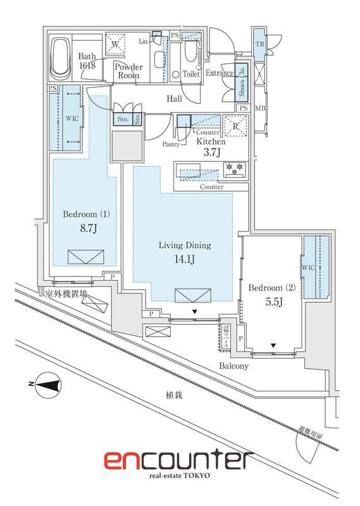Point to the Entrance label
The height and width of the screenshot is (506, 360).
click(219, 74)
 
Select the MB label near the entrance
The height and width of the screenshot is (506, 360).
click(260, 109)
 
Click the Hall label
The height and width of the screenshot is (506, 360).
click(175, 99)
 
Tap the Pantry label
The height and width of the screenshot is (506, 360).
click(171, 144)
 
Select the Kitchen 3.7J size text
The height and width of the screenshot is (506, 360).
click(211, 152)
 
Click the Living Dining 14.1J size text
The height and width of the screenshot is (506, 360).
click(184, 258)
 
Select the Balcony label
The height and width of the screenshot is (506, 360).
click(233, 366)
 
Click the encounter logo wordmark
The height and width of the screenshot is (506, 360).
click(178, 460)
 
